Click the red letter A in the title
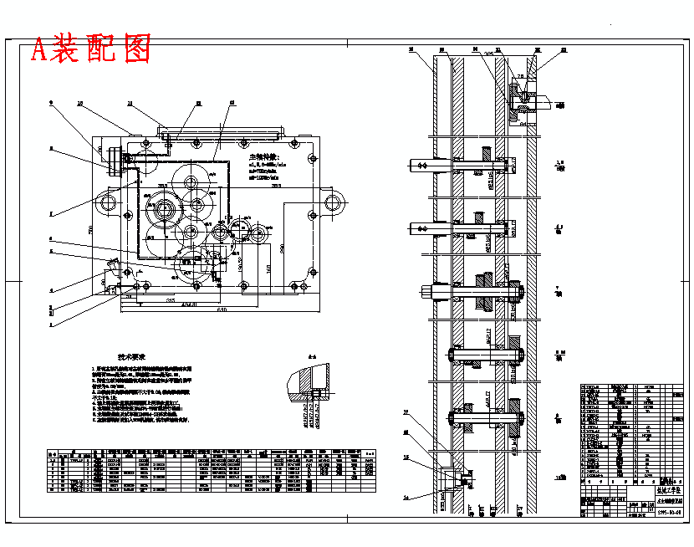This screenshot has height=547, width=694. pos(40,50)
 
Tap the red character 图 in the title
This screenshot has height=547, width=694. pos(135,49)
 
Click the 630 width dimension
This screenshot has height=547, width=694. pos(222,311)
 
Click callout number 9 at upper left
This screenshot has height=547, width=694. pos(51,103)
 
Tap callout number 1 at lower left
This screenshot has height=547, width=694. pos(51,323)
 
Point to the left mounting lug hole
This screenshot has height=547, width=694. pos(107,202)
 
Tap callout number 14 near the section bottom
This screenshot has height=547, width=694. pos(406,497)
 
